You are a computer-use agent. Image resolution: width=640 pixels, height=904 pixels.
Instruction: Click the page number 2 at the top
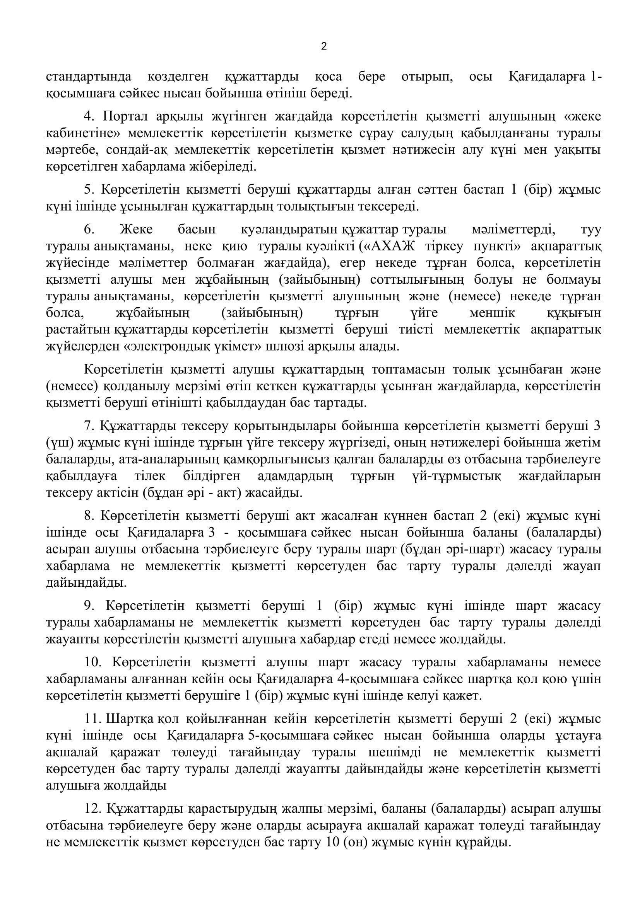tap(324, 47)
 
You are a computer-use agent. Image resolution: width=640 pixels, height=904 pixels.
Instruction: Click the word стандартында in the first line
tap(89, 77)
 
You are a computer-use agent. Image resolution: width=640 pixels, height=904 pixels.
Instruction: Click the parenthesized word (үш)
tap(60, 443)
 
